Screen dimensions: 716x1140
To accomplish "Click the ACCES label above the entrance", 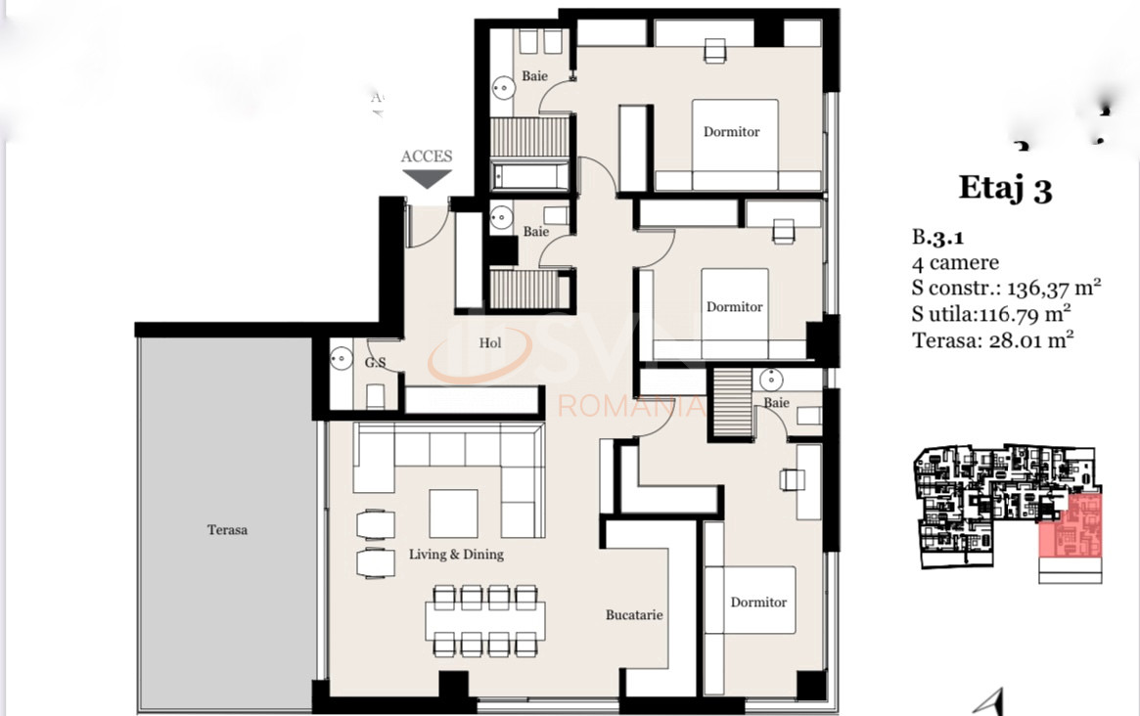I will (427, 157).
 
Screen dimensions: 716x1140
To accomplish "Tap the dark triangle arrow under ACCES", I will (428, 179).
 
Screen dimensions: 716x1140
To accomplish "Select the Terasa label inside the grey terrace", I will (227, 530).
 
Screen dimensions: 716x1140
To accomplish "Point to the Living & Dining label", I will (456, 555).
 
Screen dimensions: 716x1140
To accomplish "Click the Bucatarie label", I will (634, 615).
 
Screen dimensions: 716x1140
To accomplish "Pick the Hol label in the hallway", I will (490, 343).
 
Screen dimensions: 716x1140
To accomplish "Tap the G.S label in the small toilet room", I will (375, 363).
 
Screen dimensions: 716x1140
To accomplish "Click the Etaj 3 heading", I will (1005, 187).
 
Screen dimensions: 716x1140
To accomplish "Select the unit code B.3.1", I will (937, 237).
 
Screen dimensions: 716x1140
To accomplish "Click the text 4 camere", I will (955, 262).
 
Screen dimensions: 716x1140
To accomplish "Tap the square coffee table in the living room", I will (454, 514).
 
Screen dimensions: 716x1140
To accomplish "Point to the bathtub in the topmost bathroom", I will (528, 176).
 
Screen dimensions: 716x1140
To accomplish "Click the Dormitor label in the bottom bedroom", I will (758, 603).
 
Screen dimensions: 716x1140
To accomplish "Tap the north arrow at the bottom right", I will (996, 700).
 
